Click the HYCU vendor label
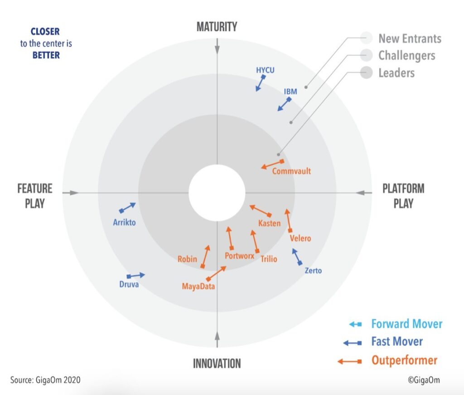pyautogui.click(x=265, y=70)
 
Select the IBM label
pyautogui.click(x=290, y=92)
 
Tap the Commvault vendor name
pyautogui.click(x=291, y=171)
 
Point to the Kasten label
pyautogui.click(x=269, y=223)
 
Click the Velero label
pyautogui.click(x=300, y=239)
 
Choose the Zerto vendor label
pyautogui.click(x=313, y=271)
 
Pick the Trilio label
pyautogui.click(x=269, y=259)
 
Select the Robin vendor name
pyautogui.click(x=187, y=259)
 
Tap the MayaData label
pyautogui.click(x=198, y=286)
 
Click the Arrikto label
pyautogui.click(x=124, y=222)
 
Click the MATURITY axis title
pyautogui.click(x=217, y=27)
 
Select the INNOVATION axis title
pyautogui.click(x=217, y=363)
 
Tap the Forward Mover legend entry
pyautogui.click(x=406, y=324)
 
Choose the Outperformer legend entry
pyautogui.click(x=404, y=361)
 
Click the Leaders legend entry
pyautogui.click(x=396, y=73)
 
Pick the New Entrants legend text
pyautogui.click(x=410, y=38)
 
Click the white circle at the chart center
pyautogui.click(x=217, y=192)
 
